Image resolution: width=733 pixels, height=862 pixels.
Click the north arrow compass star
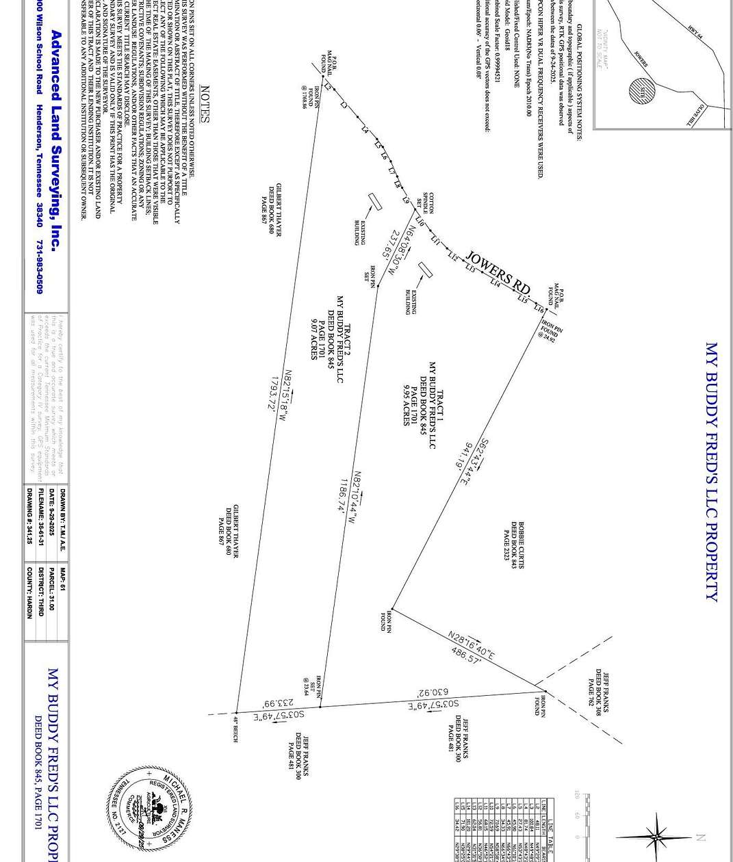pyautogui.click(x=656, y=836)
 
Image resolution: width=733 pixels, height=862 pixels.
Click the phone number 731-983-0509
pyautogui.click(x=40, y=267)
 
